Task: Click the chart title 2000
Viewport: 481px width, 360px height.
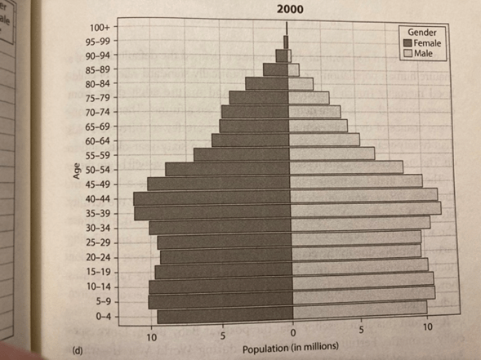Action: [x=290, y=9]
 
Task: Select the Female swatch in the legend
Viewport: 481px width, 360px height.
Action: [x=408, y=43]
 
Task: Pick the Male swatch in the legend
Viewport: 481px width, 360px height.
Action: [x=408, y=54]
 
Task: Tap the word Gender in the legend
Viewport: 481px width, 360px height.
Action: [x=422, y=32]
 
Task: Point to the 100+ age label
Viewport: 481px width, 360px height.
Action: [x=100, y=28]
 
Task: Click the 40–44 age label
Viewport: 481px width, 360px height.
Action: [x=97, y=199]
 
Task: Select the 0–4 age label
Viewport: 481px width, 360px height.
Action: [x=104, y=316]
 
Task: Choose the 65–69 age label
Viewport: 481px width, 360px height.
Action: [x=97, y=127]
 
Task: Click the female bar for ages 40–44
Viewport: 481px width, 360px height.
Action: [x=212, y=198]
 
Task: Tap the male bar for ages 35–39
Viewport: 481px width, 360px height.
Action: [x=366, y=210]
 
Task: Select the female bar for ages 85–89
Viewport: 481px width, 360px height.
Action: [x=275, y=69]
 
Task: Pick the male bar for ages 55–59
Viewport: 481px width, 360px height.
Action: [x=332, y=153]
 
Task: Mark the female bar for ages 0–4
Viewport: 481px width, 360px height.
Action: [x=225, y=317]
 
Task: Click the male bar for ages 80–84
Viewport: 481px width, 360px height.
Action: [x=301, y=84]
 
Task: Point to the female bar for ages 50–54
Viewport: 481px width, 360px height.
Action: [x=227, y=169]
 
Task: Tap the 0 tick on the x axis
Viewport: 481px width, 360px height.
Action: [x=293, y=333]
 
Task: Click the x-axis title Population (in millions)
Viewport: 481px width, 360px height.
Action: [x=291, y=348]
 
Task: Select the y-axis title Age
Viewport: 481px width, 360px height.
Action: [x=76, y=171]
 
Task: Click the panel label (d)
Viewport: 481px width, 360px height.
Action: [x=77, y=350]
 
